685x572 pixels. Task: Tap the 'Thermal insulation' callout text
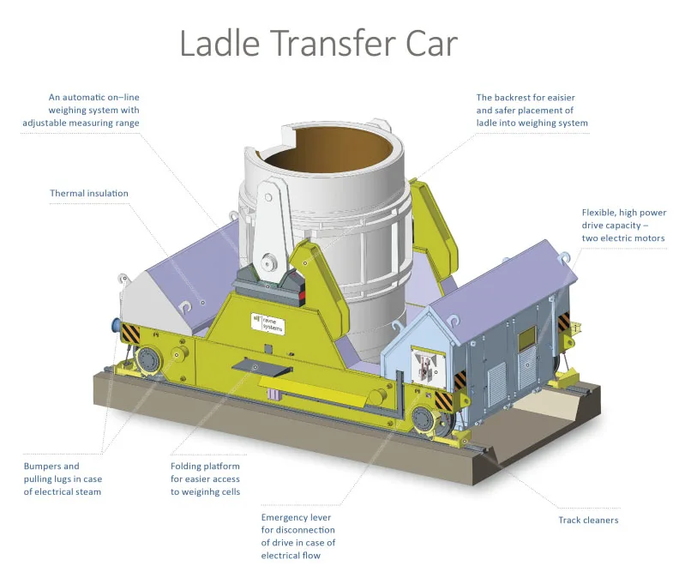click(x=89, y=193)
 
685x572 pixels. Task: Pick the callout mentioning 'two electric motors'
click(x=623, y=225)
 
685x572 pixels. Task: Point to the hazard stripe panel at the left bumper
click(x=131, y=333)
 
